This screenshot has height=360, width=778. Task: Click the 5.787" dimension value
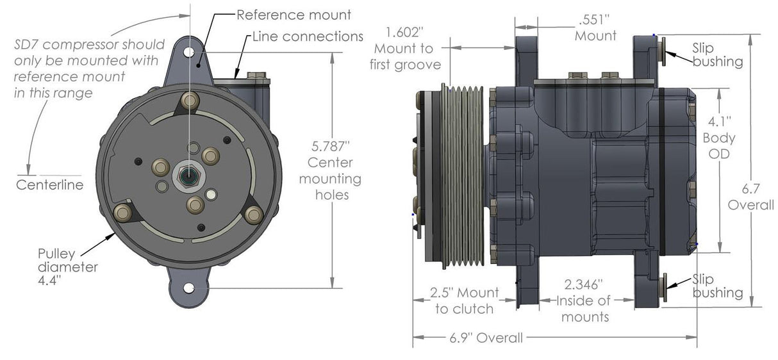tap(329, 146)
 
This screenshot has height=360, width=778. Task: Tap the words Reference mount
tap(294, 14)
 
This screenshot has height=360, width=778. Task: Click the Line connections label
tap(308, 36)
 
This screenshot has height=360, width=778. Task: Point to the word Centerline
tap(49, 186)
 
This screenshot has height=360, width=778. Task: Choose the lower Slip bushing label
tap(717, 286)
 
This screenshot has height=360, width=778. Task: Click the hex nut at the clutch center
tap(186, 174)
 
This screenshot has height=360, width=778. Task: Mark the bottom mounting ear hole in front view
tap(188, 288)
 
